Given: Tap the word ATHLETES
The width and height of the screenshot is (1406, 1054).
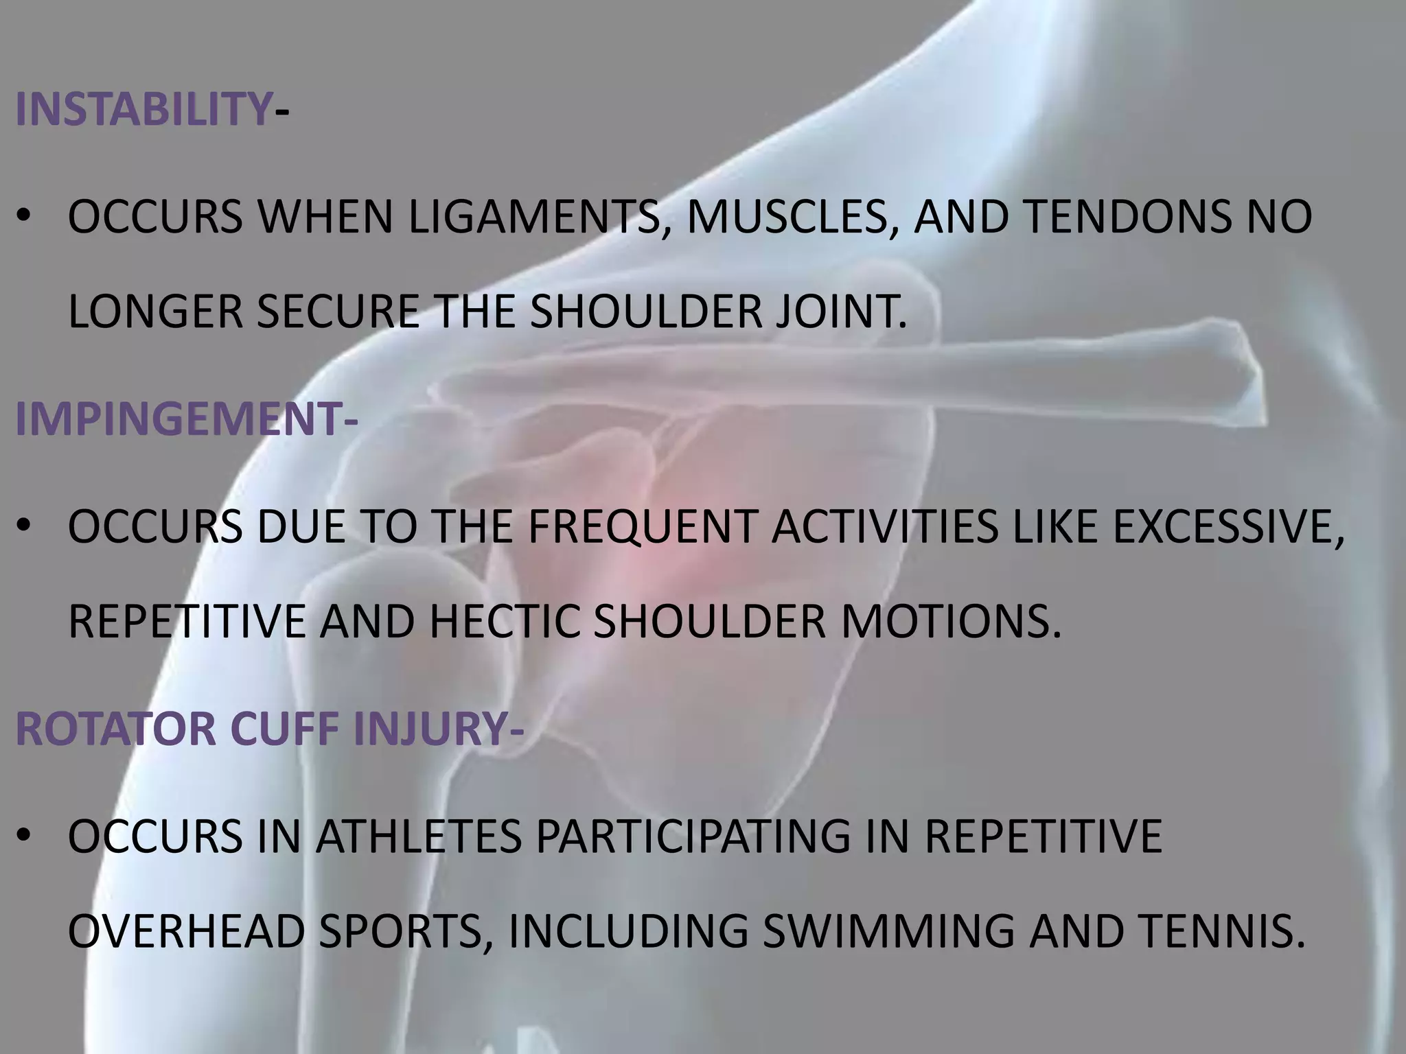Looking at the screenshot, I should [x=419, y=836].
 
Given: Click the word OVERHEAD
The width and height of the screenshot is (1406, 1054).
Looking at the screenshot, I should [x=186, y=931].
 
